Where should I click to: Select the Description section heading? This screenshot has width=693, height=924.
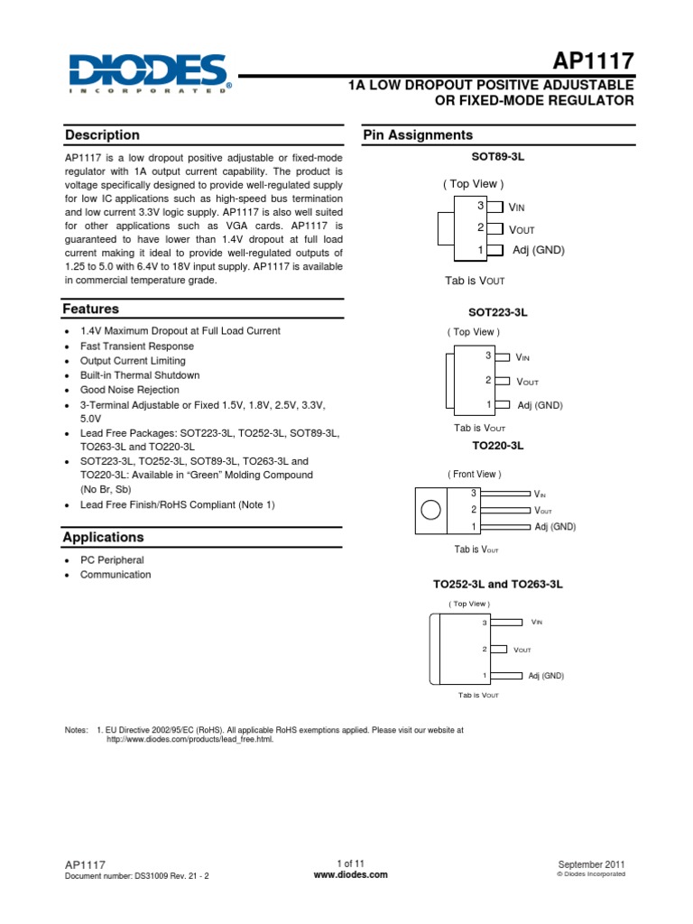(x=102, y=135)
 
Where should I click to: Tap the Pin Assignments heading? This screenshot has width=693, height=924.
(x=418, y=135)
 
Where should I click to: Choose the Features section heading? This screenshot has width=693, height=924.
(x=91, y=309)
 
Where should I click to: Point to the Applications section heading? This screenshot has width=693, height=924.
(x=103, y=537)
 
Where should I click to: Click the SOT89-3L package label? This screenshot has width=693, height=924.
(x=497, y=157)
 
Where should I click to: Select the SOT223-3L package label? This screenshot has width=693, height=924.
(x=497, y=311)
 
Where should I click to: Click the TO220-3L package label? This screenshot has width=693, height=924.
(x=497, y=446)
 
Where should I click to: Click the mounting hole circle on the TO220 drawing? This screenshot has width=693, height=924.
(x=431, y=511)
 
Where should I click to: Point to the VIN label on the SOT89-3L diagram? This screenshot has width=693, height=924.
(x=518, y=208)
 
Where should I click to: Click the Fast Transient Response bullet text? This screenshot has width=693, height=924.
(x=137, y=346)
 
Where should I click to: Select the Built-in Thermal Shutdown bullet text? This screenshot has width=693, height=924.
(x=140, y=374)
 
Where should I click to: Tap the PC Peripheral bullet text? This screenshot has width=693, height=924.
(x=112, y=560)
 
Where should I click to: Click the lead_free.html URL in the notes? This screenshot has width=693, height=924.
(x=189, y=739)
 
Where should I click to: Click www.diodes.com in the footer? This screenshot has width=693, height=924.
(x=350, y=874)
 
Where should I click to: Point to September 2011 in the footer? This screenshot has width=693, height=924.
(x=592, y=864)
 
